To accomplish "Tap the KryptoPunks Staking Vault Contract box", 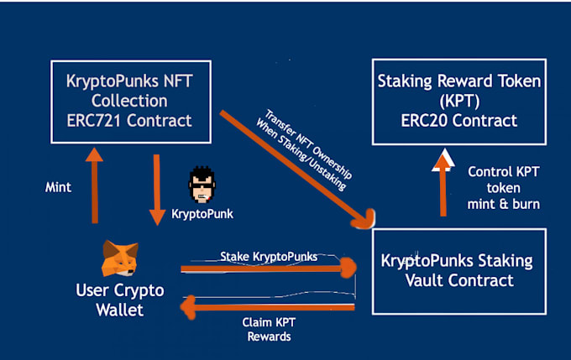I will click(x=458, y=270).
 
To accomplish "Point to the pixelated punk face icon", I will click(x=202, y=185).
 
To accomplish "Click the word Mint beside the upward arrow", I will click(x=58, y=188).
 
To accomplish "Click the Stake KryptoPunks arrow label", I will click(x=269, y=255).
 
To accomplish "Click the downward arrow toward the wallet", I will click(x=157, y=188).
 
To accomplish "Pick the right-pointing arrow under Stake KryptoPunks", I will click(x=269, y=269).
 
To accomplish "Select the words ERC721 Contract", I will click(x=129, y=121).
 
